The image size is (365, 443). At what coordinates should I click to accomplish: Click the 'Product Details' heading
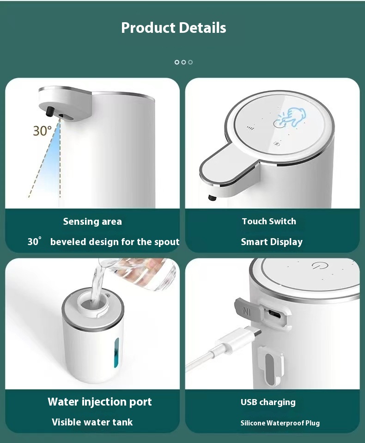(x=174, y=28)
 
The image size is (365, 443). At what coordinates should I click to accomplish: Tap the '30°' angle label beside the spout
(x=42, y=131)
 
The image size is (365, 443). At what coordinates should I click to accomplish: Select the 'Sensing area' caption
(x=92, y=221)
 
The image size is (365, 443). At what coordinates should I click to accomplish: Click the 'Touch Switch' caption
(x=269, y=221)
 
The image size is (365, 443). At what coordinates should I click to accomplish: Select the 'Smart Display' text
(x=272, y=242)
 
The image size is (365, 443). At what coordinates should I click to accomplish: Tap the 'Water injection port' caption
(x=100, y=402)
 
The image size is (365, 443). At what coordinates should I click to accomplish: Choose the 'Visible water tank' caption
(x=92, y=422)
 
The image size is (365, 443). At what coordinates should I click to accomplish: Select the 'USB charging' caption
(x=268, y=402)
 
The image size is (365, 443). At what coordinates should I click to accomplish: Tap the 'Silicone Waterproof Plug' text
(x=280, y=423)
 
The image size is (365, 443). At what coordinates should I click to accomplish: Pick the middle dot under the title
(x=183, y=62)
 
